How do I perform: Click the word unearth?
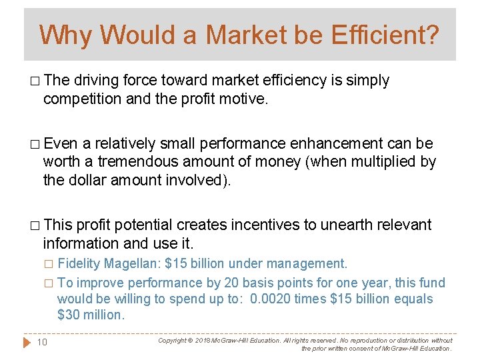(x=347, y=225)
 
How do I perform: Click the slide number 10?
(x=41, y=342)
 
